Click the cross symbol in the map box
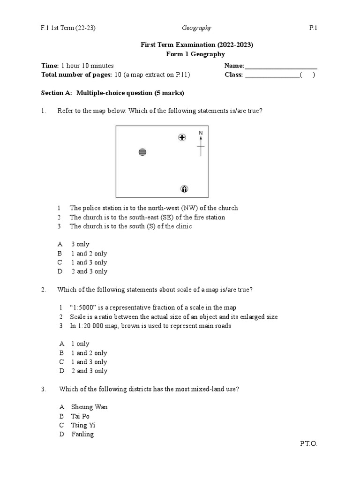click(x=182, y=137)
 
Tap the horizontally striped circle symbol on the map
click(x=142, y=152)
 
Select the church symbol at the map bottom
click(x=184, y=189)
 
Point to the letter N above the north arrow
click(x=201, y=133)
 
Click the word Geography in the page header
click(x=196, y=28)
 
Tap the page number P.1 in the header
click(x=313, y=28)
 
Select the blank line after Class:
click(x=272, y=75)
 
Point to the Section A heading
click(x=112, y=93)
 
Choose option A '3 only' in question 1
click(x=80, y=244)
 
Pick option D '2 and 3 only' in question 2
click(x=89, y=371)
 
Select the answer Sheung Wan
click(x=89, y=407)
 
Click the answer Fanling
click(x=82, y=434)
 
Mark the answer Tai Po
click(x=80, y=416)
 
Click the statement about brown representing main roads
click(x=150, y=326)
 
